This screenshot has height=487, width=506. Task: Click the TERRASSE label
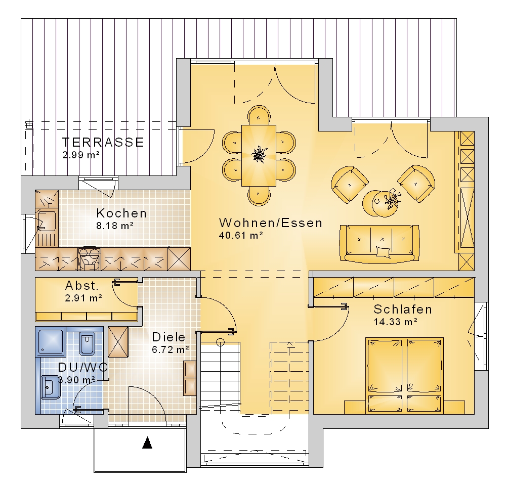103,142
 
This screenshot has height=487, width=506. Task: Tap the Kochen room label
121,213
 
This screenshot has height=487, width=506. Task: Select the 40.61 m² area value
241,235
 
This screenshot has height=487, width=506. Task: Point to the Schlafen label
402,309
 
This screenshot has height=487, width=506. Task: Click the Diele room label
168,337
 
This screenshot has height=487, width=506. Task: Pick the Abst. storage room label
81,285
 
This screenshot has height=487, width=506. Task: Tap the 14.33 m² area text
396,322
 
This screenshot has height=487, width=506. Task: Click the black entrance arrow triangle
147,442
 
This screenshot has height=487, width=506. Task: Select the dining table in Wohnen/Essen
259,156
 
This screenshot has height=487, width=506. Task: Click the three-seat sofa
379,243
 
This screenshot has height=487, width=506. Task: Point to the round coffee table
381,203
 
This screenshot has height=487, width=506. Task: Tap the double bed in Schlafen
404,376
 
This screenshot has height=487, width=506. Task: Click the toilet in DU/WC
87,342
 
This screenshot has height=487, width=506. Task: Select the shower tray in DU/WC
51,342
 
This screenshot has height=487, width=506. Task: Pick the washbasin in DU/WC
50,387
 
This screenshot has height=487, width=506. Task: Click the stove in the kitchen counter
89,258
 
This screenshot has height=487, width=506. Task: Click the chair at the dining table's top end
259,115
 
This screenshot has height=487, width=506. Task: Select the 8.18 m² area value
115,226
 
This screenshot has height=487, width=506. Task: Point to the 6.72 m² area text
171,349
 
